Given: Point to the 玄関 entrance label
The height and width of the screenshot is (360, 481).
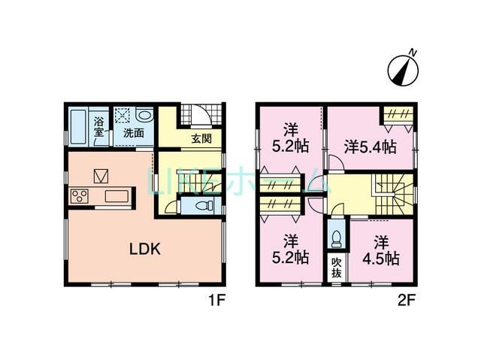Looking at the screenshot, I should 201,138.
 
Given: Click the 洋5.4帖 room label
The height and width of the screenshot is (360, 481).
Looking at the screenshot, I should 370,147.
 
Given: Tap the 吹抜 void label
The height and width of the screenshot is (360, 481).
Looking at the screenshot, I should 336,268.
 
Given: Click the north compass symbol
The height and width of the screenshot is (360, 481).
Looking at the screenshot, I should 402,68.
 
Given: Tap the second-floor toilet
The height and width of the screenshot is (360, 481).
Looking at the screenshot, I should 336,238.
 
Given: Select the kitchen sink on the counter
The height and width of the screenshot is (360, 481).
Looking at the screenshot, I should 118,197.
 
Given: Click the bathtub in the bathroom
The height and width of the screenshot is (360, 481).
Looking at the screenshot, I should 79,128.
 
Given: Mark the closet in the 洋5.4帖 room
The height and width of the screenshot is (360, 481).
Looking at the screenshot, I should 395,114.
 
